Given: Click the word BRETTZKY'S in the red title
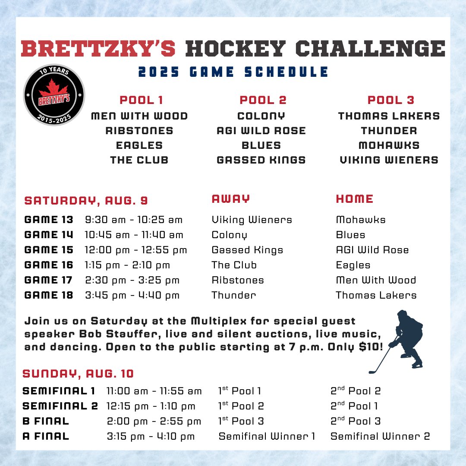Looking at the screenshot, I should click(x=98, y=49).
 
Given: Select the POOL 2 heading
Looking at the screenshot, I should click(x=263, y=100).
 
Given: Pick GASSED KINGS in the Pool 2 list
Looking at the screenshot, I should click(x=261, y=160).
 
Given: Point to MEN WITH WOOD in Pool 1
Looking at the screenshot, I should click(x=139, y=116).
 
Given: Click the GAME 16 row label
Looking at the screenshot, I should click(x=49, y=265).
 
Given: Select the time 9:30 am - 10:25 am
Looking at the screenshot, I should click(x=134, y=220).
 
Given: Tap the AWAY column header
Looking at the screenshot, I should click(x=231, y=199).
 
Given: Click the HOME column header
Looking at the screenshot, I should click(x=355, y=199).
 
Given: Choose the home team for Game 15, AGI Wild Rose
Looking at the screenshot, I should click(x=372, y=250).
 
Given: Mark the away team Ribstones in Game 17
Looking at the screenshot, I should click(x=238, y=280).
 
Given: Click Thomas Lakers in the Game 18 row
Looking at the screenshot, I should click(x=376, y=295).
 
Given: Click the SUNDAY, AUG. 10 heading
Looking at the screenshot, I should click(x=78, y=374).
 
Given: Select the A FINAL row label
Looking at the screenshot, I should click(x=46, y=436).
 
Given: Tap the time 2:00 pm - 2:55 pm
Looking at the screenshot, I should click(x=154, y=421).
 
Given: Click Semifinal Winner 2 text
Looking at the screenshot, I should click(x=380, y=436).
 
